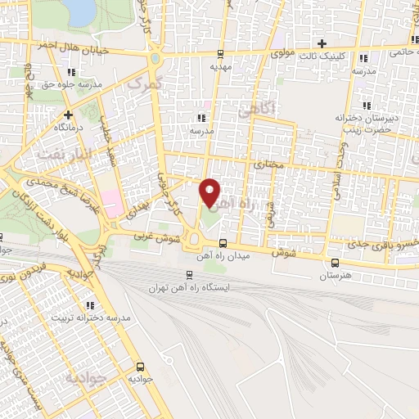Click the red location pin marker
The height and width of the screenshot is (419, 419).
point(210,192)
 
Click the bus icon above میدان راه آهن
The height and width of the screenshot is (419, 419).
point(223,242)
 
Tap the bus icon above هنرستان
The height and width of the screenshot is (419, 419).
point(336,263)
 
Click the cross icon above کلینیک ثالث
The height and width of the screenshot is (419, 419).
point(322,43)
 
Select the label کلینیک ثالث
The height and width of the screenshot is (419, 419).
point(329,56)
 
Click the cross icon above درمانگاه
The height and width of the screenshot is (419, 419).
point(69,115)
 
